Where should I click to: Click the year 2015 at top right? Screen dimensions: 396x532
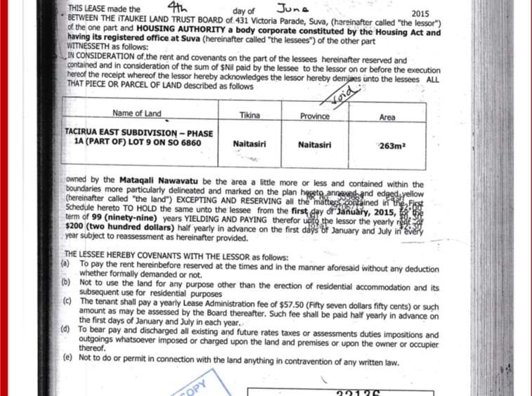tap(420, 13)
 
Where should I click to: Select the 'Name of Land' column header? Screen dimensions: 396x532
tap(137, 113)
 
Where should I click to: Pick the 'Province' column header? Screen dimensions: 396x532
tap(314, 116)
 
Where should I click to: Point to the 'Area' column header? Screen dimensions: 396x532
tap(387, 117)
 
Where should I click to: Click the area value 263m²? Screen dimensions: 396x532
tap(387, 147)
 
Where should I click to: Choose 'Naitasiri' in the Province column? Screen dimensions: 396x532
tap(314, 145)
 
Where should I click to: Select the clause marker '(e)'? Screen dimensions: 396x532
tap(66, 357)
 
